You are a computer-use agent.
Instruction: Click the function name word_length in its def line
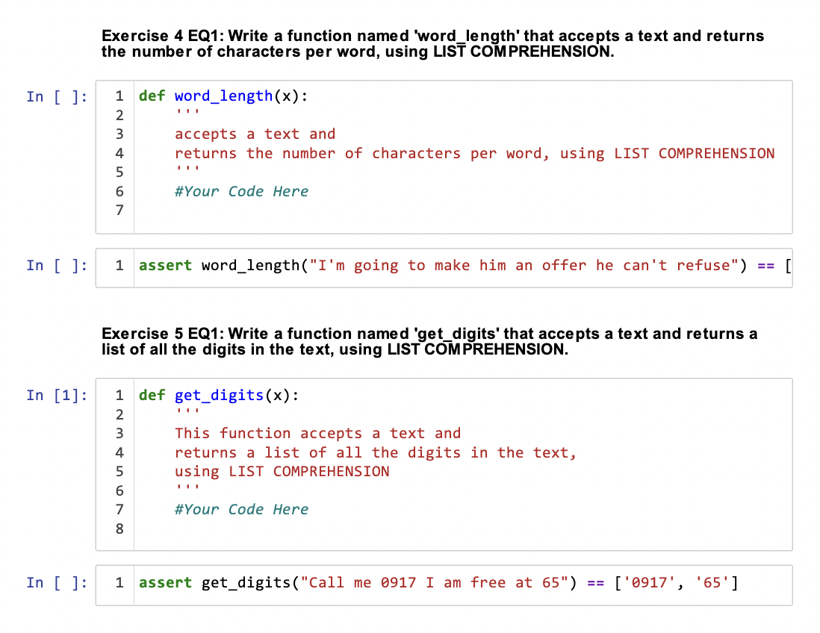(x=223, y=96)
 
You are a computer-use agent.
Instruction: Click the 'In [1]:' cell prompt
(x=56, y=396)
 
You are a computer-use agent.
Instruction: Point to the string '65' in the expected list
(x=712, y=583)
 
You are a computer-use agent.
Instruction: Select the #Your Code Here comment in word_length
(x=241, y=192)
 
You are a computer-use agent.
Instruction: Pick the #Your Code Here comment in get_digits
(x=241, y=510)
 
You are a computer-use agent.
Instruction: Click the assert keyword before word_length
(x=166, y=266)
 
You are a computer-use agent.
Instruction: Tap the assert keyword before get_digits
(x=166, y=583)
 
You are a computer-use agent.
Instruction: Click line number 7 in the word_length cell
(x=119, y=211)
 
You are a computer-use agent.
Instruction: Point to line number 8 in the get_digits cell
(x=119, y=529)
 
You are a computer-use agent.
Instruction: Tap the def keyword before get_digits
(x=152, y=396)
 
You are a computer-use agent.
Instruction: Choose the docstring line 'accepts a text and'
(x=255, y=134)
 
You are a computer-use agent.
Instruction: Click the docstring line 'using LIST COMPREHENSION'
(x=282, y=472)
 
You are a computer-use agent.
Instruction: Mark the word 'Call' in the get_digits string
(x=326, y=583)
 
